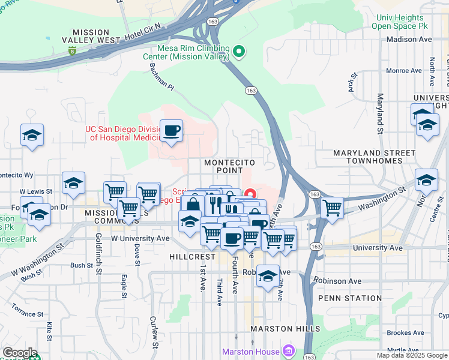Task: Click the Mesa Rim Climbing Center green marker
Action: pos(239,52)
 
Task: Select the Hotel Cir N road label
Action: pos(143,35)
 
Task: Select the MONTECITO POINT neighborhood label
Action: pos(229,167)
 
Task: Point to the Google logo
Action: pos(20,353)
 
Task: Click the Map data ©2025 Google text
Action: pos(411,355)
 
